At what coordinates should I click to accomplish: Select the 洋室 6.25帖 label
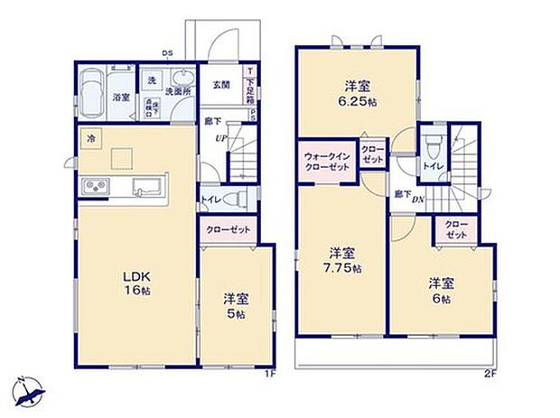click(x=357, y=94)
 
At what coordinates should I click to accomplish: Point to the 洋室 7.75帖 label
click(x=343, y=258)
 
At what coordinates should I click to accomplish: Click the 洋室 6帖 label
click(x=440, y=289)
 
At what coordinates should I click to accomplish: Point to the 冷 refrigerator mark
click(x=90, y=139)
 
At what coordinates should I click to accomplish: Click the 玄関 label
click(x=220, y=86)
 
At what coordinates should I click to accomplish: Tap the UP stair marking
click(x=219, y=138)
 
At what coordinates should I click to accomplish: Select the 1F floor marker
click(x=268, y=374)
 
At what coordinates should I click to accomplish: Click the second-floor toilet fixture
click(x=435, y=144)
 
